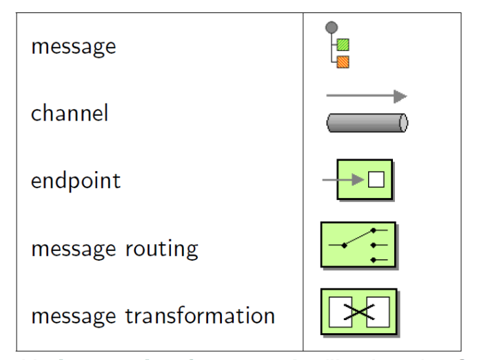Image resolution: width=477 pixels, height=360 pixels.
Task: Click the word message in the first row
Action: tap(73, 47)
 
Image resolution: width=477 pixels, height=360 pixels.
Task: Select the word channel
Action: tap(69, 112)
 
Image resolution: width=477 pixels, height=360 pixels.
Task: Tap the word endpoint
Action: tap(75, 181)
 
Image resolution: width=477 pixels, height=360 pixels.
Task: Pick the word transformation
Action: tap(199, 315)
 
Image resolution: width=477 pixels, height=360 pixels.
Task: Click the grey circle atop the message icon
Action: tap(332, 28)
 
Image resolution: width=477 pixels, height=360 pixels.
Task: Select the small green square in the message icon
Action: tap(343, 45)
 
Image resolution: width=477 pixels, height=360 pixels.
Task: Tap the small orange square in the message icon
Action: tap(343, 62)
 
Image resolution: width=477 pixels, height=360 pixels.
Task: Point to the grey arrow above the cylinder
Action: tap(365, 96)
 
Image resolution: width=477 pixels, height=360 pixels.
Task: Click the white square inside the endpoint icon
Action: tap(376, 180)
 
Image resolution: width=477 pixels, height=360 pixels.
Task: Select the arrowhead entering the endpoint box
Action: tap(358, 180)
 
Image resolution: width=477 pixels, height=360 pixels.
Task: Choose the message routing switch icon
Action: tap(358, 245)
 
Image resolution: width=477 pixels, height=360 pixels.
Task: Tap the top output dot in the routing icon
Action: tap(373, 230)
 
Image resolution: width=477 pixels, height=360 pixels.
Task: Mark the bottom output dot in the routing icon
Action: tap(373, 260)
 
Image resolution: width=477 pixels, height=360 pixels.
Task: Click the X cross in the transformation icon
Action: tap(358, 312)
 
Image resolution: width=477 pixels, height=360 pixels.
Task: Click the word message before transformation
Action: tap(74, 315)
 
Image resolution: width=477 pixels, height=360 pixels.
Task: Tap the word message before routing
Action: tap(74, 248)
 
